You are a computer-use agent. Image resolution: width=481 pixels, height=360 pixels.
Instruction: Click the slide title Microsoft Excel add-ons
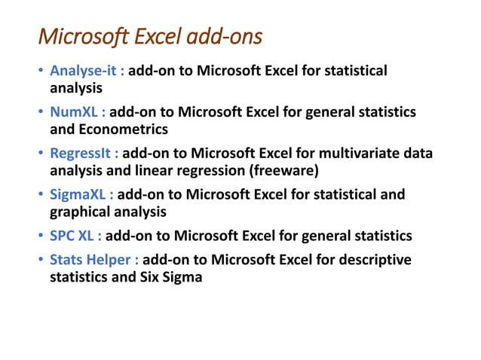tap(150, 36)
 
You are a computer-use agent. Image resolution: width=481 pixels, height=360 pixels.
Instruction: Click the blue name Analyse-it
tap(87, 72)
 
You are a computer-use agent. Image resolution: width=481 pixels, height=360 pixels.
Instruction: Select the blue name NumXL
tap(75, 112)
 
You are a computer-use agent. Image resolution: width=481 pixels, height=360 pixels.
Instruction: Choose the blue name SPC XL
tap(75, 236)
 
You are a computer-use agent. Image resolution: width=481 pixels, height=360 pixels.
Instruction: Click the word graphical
tap(78, 211)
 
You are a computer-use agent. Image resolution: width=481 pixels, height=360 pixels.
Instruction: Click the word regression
tap(204, 169)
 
